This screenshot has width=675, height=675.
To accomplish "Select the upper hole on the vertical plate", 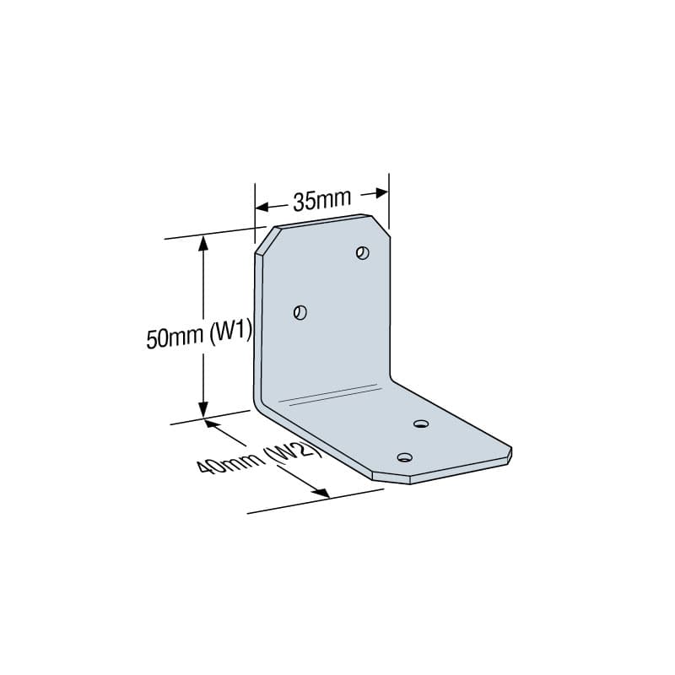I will pos(363,252).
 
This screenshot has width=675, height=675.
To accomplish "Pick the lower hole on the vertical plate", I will pos(300,312).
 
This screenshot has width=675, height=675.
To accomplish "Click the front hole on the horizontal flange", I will pos(405,457).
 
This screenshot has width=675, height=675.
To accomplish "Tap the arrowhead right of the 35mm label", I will pos(381,192).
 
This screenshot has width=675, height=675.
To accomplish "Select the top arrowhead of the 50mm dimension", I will pos(202,244).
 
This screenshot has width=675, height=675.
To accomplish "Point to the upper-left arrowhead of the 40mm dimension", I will pos(212,424).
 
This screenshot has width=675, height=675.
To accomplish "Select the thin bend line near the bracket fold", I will pos(329,393).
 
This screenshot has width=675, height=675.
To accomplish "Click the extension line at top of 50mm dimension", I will pos(211,233).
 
